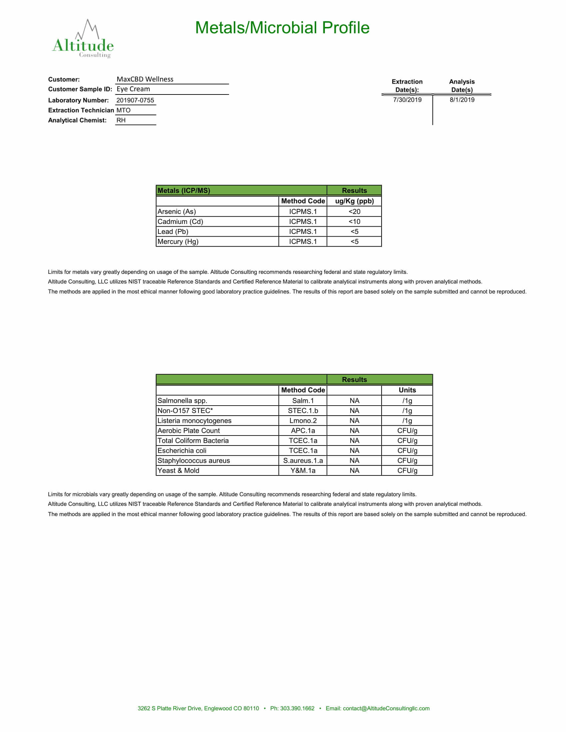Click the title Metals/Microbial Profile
[x=282, y=28]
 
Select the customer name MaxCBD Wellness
[x=145, y=80]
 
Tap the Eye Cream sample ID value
[x=133, y=89]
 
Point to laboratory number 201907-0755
[x=135, y=100]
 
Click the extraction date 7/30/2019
[x=407, y=100]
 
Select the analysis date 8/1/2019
[x=462, y=100]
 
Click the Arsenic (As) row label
[x=177, y=212]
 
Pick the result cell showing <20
[x=354, y=212]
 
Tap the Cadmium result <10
[x=354, y=222]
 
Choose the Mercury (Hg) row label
[x=178, y=242]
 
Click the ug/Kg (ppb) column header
[x=354, y=201]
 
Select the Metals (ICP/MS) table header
[x=184, y=191]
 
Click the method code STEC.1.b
[x=303, y=411]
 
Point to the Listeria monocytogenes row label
[x=194, y=421]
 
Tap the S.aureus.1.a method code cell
[x=303, y=460]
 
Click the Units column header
[x=407, y=390]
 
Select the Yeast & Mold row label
[x=178, y=470]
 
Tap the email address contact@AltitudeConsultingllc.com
[x=386, y=708]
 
